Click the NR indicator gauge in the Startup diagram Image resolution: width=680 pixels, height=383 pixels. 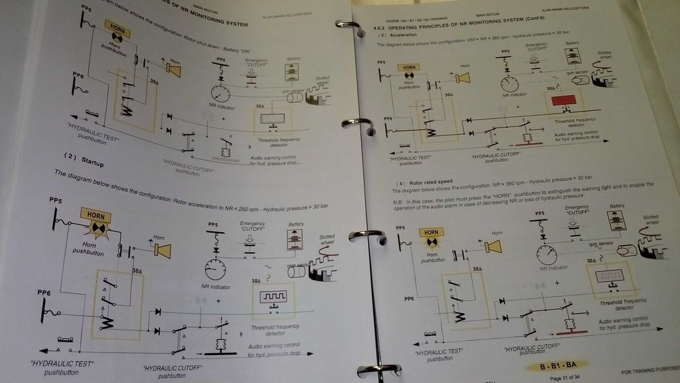coord(215,268)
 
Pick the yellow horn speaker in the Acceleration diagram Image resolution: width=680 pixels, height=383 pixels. coord(464,77)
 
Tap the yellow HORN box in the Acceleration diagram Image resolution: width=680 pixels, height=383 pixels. coord(408,67)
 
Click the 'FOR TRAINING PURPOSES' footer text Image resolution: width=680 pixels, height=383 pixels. coord(649,373)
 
